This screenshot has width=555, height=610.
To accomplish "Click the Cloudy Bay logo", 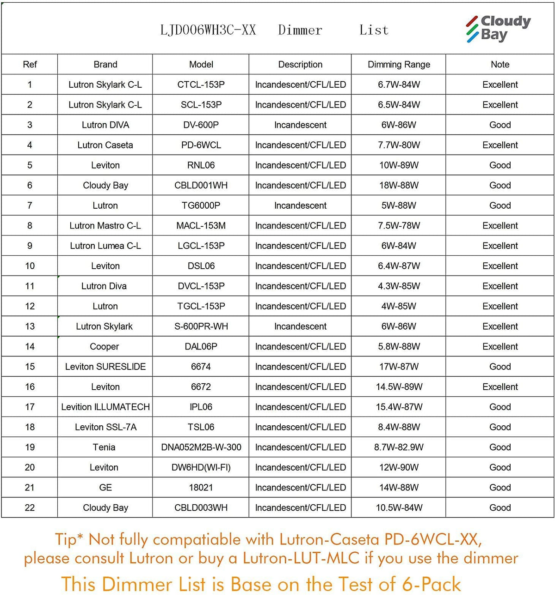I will tap(498, 29).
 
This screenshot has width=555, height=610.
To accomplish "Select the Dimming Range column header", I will tap(399, 65).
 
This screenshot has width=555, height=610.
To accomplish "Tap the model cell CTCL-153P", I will tap(201, 85).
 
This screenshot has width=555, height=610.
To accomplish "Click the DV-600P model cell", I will tap(201, 125).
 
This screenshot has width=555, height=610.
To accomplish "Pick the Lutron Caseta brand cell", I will tap(105, 145).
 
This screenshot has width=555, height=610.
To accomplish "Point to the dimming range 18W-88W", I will tap(399, 185).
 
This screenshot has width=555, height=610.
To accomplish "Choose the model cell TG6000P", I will tap(201, 205).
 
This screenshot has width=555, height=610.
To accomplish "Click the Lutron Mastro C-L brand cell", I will tap(105, 226).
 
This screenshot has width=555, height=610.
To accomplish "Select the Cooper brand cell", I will tap(105, 346).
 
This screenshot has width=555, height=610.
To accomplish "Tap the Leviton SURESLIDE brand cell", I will tap(105, 367).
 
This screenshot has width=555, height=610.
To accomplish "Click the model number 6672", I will tap(201, 387).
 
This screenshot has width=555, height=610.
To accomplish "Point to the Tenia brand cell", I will tap(104, 447).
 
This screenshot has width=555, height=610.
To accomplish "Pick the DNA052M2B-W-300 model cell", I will tap(201, 447).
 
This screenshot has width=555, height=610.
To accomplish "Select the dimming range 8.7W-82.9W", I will tap(399, 447).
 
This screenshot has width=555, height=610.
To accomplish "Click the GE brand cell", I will tap(105, 488).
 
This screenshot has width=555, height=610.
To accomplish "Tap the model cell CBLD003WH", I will tap(201, 507).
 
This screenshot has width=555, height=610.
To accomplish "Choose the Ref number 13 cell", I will tap(30, 326).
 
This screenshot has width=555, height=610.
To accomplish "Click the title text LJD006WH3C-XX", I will tap(208, 30).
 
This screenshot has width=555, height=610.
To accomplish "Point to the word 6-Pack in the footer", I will tap(431, 585).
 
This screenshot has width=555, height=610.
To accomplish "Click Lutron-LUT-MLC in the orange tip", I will tap(301, 558).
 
